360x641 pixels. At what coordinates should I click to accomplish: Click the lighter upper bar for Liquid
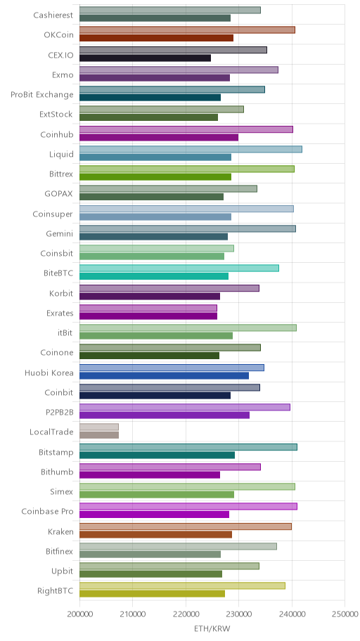click(x=191, y=149)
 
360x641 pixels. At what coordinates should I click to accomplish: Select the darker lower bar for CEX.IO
click(x=146, y=58)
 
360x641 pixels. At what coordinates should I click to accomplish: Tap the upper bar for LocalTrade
click(x=99, y=427)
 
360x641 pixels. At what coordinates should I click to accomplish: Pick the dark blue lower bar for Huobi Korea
click(x=164, y=376)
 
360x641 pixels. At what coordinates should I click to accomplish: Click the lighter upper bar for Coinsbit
click(x=157, y=249)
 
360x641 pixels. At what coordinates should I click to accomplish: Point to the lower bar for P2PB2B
click(x=165, y=415)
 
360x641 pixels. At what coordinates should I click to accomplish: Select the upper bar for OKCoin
click(x=187, y=30)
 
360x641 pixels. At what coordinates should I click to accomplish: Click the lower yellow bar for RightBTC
click(x=152, y=594)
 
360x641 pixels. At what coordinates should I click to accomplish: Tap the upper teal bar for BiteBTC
click(x=179, y=268)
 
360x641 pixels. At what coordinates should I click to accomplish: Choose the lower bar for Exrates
click(x=148, y=316)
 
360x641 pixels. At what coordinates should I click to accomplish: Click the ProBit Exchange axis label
click(x=42, y=95)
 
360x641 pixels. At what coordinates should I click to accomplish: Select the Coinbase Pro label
click(x=47, y=512)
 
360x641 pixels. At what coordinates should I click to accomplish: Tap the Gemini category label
click(x=60, y=234)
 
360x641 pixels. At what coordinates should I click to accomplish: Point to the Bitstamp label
click(x=56, y=452)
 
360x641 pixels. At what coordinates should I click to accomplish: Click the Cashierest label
click(x=53, y=15)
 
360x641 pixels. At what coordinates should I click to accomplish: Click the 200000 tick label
click(x=79, y=614)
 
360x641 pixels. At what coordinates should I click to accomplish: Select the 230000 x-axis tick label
click(x=238, y=614)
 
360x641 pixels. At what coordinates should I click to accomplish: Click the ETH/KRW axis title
click(x=212, y=629)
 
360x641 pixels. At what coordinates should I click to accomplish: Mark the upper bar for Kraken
click(x=186, y=526)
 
